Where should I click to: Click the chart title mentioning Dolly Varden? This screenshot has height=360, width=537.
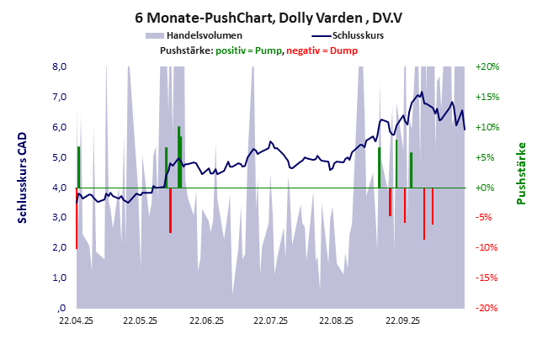click(x=268, y=17)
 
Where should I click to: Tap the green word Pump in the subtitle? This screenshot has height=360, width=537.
click(x=268, y=51)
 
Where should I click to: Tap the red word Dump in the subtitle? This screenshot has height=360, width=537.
click(x=343, y=51)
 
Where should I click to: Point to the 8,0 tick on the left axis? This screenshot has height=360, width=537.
click(x=60, y=66)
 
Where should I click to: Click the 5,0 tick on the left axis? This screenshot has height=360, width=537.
click(x=60, y=157)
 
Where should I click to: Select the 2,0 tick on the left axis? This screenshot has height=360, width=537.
click(x=60, y=247)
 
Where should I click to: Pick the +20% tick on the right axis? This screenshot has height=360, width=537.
click(x=487, y=66)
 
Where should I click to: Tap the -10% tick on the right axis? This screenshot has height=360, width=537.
click(x=487, y=247)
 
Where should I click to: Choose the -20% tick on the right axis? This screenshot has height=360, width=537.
click(x=487, y=308)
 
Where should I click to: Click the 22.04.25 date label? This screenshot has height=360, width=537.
click(x=76, y=320)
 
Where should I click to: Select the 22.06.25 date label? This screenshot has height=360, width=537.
click(x=206, y=320)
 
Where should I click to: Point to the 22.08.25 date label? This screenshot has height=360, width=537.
click(x=336, y=320)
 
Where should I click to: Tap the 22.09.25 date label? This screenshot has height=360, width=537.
click(x=401, y=320)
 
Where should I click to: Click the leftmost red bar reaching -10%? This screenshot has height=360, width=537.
click(x=77, y=219)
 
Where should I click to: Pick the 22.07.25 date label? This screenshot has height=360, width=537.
click(x=271, y=320)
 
